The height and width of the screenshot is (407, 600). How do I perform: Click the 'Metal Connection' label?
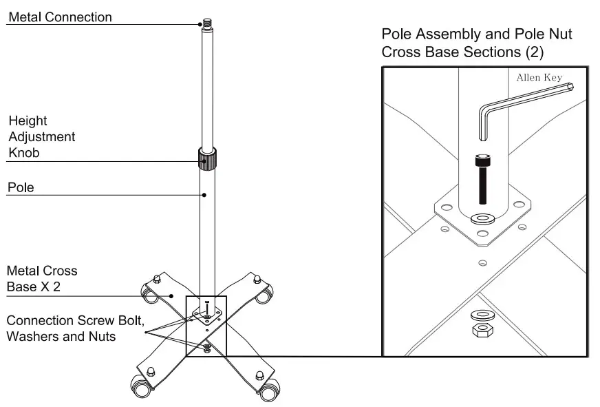(x=59, y=17)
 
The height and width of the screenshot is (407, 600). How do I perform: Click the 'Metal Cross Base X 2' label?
(x=41, y=279)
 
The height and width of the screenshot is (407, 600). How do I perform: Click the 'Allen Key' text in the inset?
(x=539, y=77)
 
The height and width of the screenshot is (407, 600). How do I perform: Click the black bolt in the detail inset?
(x=481, y=180)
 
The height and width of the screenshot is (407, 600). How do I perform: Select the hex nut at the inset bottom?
(x=481, y=331)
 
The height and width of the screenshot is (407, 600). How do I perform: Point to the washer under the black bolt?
(x=481, y=218)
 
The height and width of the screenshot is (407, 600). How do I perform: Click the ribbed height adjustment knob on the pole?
(x=206, y=160)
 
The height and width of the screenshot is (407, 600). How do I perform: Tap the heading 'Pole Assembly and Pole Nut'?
(x=476, y=34)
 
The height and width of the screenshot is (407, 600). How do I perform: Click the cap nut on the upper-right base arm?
(x=257, y=278)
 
